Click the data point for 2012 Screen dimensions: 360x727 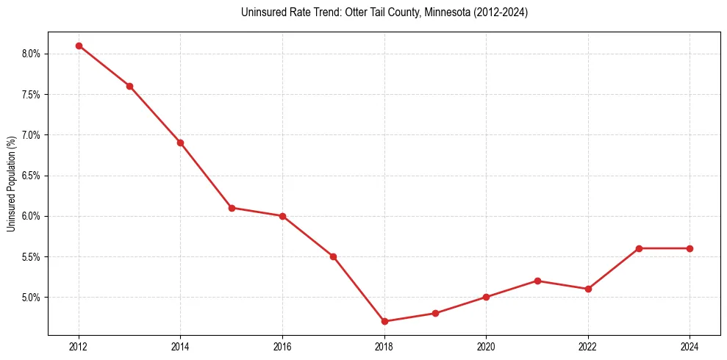[79, 46]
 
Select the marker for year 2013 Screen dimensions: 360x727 [129, 86]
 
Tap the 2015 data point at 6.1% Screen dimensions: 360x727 [232, 208]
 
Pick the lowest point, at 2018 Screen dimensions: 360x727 [384, 321]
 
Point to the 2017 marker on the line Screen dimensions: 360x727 [333, 256]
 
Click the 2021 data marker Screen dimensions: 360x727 [537, 281]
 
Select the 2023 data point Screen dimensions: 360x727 [639, 248]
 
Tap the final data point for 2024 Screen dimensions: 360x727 [690, 248]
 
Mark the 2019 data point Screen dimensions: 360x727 [435, 313]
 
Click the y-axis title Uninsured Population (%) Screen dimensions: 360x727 [12, 184]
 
